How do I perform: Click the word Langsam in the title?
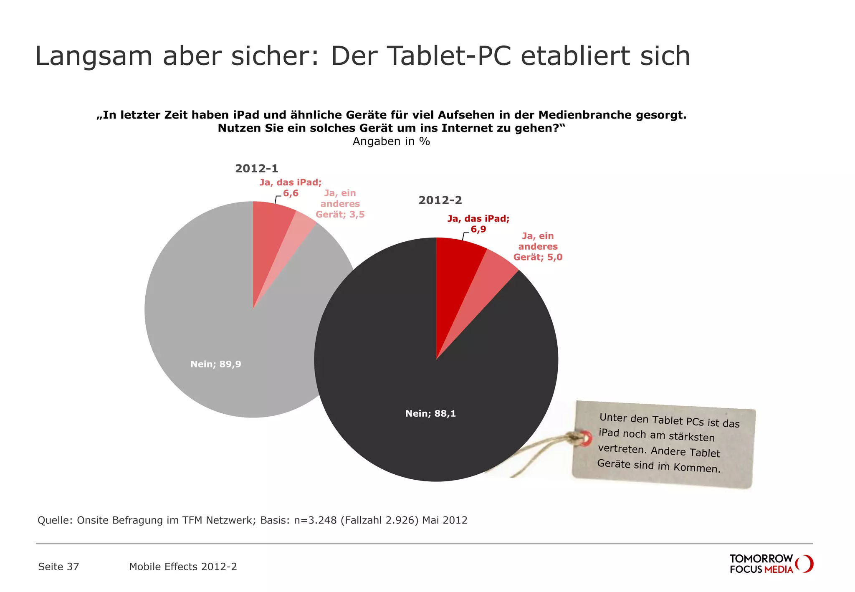click(94, 56)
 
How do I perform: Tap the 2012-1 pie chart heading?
click(256, 168)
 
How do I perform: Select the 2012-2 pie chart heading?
click(440, 200)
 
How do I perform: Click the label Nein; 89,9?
click(215, 364)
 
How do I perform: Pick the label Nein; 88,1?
click(430, 413)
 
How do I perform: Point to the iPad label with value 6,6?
click(291, 187)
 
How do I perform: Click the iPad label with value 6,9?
click(478, 224)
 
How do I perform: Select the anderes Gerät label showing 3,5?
click(340, 204)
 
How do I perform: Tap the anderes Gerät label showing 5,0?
click(538, 247)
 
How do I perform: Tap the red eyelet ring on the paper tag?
click(586, 438)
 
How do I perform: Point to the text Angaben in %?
click(391, 142)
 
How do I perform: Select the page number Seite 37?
click(58, 567)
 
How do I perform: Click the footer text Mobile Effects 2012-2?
click(183, 567)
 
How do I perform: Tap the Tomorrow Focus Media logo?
click(771, 564)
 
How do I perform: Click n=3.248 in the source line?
click(315, 520)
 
